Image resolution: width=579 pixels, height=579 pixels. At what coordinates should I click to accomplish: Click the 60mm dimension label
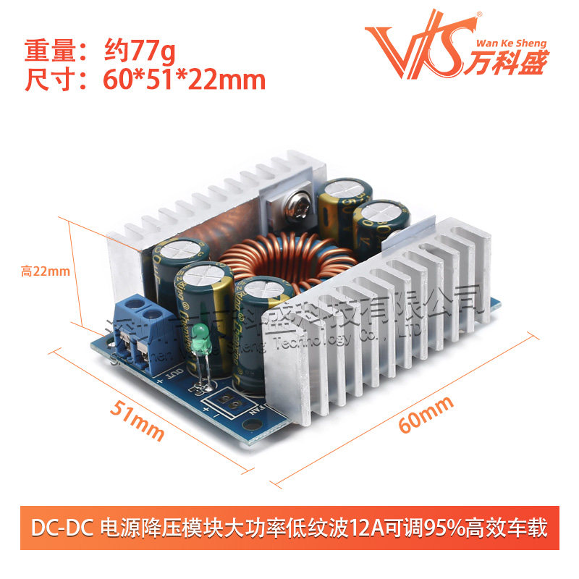(x=426, y=413)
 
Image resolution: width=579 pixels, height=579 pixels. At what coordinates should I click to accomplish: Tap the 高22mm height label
(x=45, y=271)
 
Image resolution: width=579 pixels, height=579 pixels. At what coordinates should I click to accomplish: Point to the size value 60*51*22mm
(x=181, y=80)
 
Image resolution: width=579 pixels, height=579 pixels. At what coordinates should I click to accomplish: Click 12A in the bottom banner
(x=370, y=528)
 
